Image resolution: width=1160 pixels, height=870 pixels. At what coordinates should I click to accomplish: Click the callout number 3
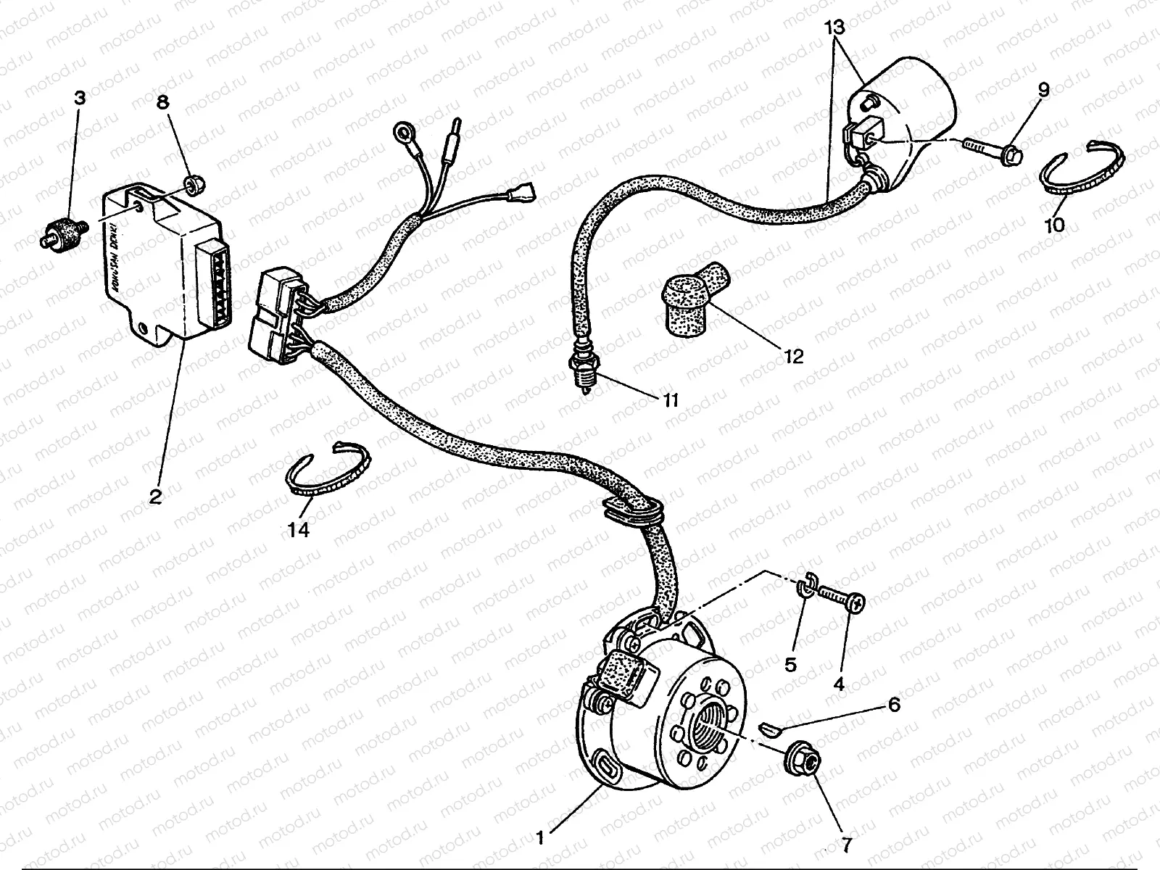coord(79,97)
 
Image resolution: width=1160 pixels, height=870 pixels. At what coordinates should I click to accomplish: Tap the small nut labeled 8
coord(192,186)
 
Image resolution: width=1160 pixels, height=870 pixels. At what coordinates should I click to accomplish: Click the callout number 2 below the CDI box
coord(155,497)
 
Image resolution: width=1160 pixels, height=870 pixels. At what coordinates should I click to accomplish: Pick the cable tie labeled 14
coord(326,475)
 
